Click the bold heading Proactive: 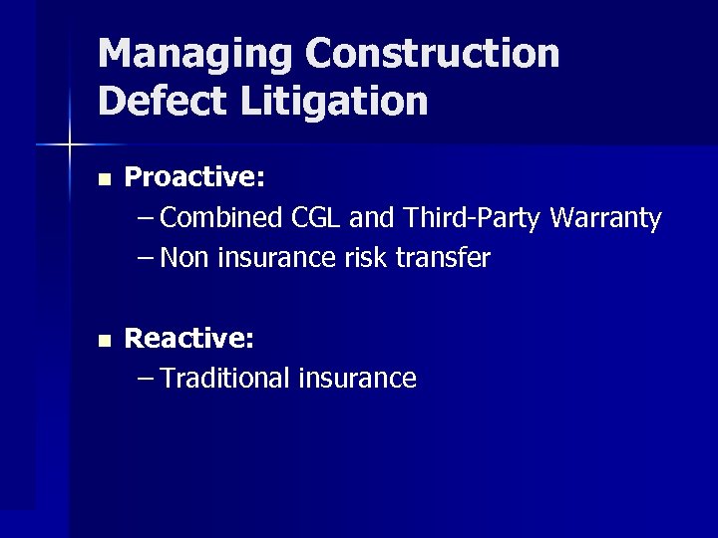pos(194,177)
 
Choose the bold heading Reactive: pos(189,339)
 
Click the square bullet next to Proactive pos(104,179)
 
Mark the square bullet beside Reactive pos(104,340)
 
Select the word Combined pos(222,217)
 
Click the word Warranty pos(607,218)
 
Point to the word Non pos(180,258)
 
